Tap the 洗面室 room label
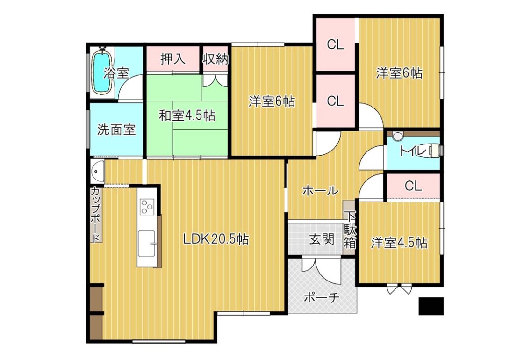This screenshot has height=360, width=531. pyautogui.click(x=116, y=130)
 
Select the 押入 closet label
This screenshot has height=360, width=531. pyautogui.click(x=172, y=59)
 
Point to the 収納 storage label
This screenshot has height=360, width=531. pyautogui.click(x=215, y=59)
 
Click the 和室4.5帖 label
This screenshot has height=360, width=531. pyautogui.click(x=187, y=116)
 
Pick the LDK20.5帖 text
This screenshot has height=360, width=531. pyautogui.click(x=216, y=239)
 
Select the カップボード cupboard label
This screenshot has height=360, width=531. pyautogui.click(x=96, y=215)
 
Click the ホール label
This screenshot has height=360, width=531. pyautogui.click(x=320, y=191)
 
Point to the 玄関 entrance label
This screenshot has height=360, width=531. pyautogui.click(x=322, y=239)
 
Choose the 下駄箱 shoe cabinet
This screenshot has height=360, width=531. pyautogui.click(x=350, y=228)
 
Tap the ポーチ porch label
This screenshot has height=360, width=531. pyautogui.click(x=322, y=298)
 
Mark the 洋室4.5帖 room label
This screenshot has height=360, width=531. pyautogui.click(x=399, y=243)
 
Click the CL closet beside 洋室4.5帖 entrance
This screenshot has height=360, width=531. pyautogui.click(x=413, y=186)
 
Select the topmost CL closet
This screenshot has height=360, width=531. pyautogui.click(x=335, y=44)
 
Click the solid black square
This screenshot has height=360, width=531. pyautogui.click(x=431, y=306)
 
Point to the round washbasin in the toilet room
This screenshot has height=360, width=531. pyautogui.click(x=398, y=136)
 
